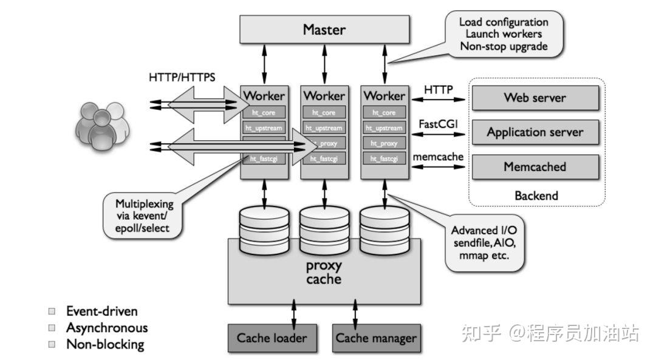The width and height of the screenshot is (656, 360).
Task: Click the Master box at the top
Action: coord(324,30)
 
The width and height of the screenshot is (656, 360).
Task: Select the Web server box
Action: coord(535,98)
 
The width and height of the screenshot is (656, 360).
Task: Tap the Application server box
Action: coord(535,132)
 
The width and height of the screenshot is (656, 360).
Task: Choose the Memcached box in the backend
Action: coord(535,166)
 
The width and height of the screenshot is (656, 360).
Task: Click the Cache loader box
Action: coord(272,338)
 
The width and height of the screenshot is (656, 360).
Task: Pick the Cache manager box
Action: coord(376,338)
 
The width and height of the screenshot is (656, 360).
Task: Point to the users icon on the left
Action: coord(102,124)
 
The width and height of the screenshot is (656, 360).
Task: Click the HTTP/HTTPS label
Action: coord(182,78)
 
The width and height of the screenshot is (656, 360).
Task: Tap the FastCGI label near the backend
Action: coord(438,124)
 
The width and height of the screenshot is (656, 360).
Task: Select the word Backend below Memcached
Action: coord(536,195)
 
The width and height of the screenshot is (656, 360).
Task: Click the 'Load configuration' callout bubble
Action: coord(504,34)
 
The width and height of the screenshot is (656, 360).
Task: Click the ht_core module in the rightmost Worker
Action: coord(384,112)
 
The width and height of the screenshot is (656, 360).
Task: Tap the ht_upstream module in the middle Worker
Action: coord(324,128)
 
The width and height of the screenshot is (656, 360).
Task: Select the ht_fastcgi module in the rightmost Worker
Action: coord(384,158)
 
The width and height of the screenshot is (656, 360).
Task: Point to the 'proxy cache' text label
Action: coord(323,273)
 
